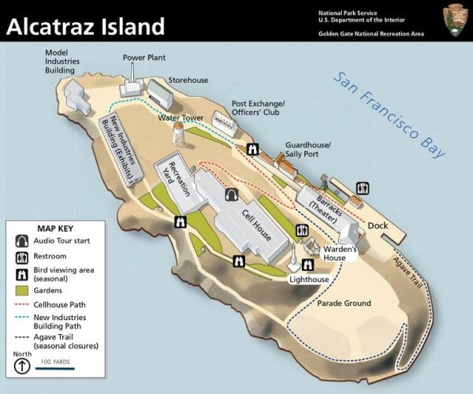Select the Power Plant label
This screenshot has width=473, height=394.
(143, 58)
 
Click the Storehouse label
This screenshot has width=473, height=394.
(188, 80)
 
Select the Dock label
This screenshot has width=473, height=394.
(378, 225)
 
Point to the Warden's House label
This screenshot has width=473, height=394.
(341, 254)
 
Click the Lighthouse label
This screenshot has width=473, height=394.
(308, 280)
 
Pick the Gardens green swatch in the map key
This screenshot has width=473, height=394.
(22, 288)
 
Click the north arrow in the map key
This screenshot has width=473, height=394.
(24, 366)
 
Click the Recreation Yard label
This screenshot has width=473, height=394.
(173, 170)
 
